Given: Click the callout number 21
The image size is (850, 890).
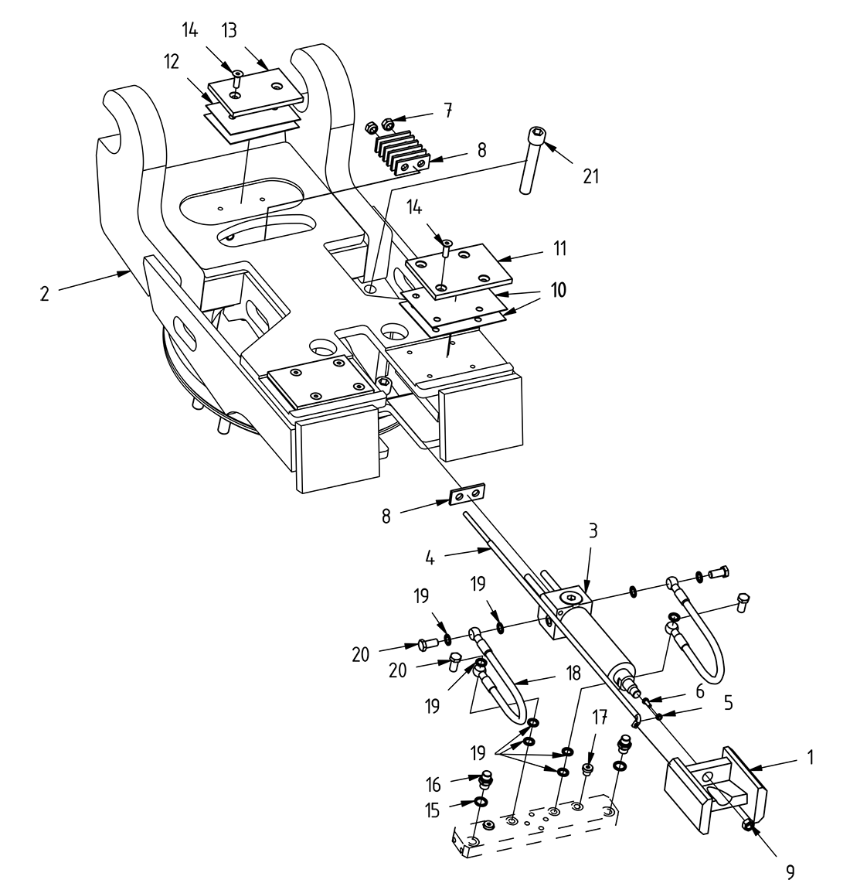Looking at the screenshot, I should [x=591, y=176].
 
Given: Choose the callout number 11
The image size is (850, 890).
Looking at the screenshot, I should [x=560, y=248].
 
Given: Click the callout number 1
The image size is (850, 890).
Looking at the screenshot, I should [x=811, y=759].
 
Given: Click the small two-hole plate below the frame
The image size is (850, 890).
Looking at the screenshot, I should [x=468, y=493].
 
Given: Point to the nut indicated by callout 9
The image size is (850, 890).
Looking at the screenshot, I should [x=748, y=827].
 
